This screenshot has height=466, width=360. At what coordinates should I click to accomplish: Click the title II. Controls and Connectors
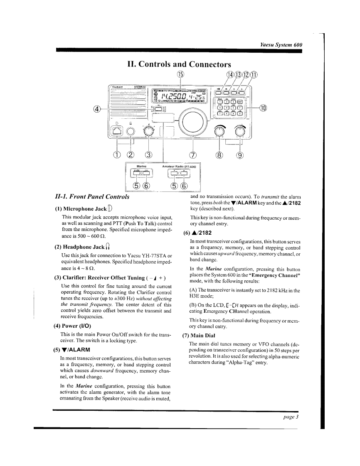coord(179,64)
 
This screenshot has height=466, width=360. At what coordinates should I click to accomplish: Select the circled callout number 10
coord(262,108)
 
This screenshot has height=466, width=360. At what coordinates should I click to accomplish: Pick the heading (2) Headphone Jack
coord(82,247)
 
